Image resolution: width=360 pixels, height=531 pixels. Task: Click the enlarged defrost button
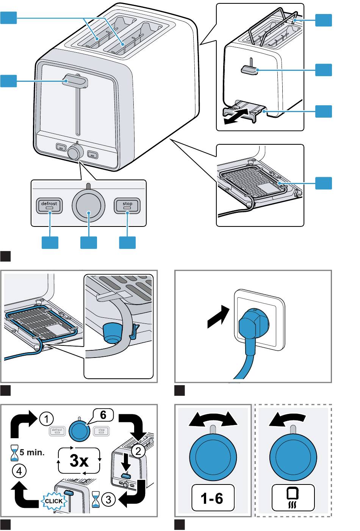pos(49,206)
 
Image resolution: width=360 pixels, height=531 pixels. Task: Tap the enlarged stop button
pos(127,206)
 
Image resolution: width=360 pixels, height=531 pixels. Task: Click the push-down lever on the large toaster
pos(76,81)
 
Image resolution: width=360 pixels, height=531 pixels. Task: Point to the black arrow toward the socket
pos(219,318)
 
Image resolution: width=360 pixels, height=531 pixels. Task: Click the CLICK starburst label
pos(54,501)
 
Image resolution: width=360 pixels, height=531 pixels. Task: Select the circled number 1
pos(46,419)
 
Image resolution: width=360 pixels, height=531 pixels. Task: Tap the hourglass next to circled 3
pos(96,500)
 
